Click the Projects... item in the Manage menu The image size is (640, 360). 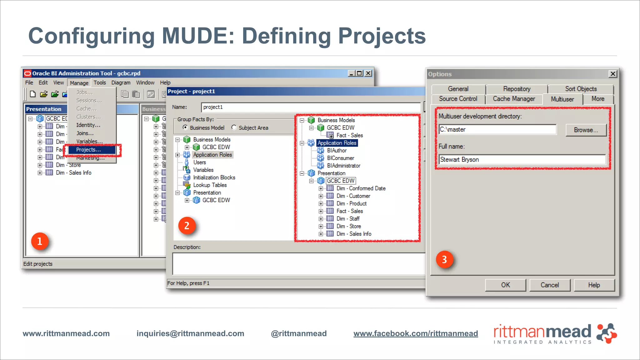[x=89, y=150]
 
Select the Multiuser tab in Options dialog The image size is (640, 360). [x=562, y=99]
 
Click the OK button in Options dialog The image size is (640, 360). [x=505, y=285]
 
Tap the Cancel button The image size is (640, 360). [x=550, y=285]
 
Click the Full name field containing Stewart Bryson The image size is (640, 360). [x=522, y=160]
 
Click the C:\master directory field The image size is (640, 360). [x=497, y=129]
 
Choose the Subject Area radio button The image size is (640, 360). [x=234, y=127]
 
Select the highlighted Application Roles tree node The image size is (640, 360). [x=337, y=143]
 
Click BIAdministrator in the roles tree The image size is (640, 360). [x=343, y=166]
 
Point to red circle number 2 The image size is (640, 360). [x=187, y=226]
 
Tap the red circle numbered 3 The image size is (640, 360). [x=444, y=259]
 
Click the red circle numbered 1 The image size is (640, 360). [x=40, y=241]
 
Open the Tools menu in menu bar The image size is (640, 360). [x=100, y=82]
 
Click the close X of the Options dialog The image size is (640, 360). [x=613, y=74]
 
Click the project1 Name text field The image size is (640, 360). [x=311, y=107]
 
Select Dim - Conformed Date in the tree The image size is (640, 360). [x=361, y=188]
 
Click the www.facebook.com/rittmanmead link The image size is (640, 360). [x=416, y=333]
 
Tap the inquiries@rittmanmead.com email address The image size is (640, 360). [x=190, y=333]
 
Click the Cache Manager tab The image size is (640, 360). [x=514, y=99]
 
